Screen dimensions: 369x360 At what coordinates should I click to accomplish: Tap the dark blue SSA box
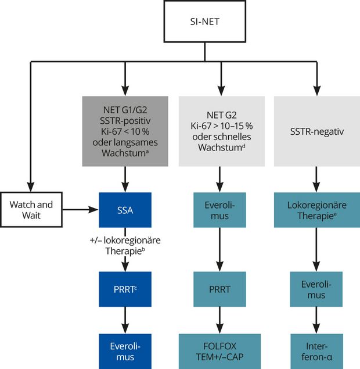[125, 210]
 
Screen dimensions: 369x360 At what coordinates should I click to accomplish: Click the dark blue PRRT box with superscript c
[125, 289]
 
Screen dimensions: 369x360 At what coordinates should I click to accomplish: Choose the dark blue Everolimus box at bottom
[125, 351]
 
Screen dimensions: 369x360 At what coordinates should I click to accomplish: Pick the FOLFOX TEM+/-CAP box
[221, 351]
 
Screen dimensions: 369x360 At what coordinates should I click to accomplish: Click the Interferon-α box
[316, 351]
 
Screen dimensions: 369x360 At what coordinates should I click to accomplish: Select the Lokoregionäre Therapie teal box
[316, 210]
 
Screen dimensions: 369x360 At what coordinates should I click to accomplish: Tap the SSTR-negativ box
[316, 132]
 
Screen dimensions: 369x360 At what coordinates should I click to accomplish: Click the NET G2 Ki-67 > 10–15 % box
[221, 132]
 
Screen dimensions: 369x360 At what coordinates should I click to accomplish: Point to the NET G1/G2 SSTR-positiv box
[125, 132]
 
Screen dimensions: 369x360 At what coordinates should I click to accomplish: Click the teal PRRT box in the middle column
[221, 289]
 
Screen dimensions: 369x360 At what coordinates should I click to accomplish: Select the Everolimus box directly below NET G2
[221, 210]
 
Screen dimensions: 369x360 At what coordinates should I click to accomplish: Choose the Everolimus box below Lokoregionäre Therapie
[316, 289]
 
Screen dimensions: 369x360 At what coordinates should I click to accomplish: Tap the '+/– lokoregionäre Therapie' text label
[125, 245]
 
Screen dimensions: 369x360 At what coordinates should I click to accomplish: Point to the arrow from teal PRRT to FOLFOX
[221, 320]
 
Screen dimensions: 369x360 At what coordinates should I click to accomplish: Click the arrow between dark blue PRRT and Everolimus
[125, 320]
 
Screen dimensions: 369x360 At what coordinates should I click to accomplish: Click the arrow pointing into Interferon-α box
[316, 320]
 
